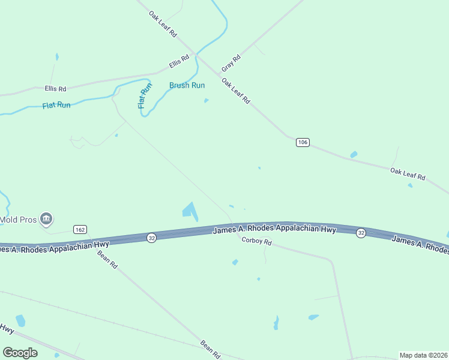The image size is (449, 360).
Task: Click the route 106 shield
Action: click(303, 142)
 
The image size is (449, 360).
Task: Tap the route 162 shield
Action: click(80, 229)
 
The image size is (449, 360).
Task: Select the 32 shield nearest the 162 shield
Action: click(152, 238)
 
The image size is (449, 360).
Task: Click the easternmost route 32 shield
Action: click(360, 233)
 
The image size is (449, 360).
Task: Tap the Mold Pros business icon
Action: click(46, 219)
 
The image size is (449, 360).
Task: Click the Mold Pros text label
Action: click(18, 220)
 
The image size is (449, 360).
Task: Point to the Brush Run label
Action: click(187, 85)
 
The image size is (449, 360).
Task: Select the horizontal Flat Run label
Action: click(56, 105)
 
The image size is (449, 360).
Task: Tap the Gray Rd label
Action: click(231, 62)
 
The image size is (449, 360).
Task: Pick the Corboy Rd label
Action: click(256, 242)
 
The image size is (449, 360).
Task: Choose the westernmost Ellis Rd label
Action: click(55, 88)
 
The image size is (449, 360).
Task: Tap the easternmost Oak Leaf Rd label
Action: click(408, 174)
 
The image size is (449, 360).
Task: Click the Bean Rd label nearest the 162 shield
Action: click(107, 259)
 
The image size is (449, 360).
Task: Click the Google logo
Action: click(20, 352)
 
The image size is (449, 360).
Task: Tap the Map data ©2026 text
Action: click(424, 355)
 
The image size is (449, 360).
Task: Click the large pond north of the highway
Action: click(190, 211)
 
